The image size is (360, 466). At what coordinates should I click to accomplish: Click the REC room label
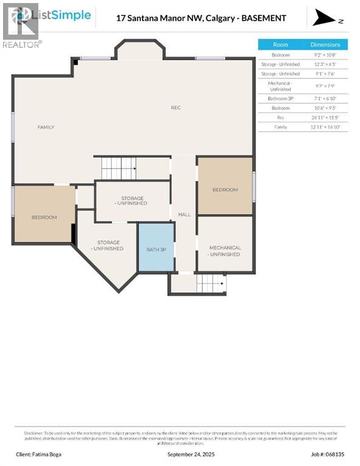coord(175,108)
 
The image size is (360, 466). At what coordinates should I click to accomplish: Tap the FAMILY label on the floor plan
coord(46,127)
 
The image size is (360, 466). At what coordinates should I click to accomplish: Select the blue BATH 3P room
coord(156,249)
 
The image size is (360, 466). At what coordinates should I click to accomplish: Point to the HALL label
coord(184,215)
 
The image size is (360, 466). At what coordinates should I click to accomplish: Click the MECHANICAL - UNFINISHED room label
coord(225,251)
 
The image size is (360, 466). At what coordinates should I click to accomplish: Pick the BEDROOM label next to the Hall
coord(225,190)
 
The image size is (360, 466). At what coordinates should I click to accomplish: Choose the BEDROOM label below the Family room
coord(44,217)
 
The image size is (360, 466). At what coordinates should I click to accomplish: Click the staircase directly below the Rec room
coord(119,168)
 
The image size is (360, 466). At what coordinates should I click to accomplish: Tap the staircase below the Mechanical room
coord(211,283)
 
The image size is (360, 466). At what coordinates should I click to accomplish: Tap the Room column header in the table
coord(280,44)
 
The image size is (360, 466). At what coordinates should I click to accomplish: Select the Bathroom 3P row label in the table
coord(280,98)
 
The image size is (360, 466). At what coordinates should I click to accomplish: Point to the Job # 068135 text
coord(327,454)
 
